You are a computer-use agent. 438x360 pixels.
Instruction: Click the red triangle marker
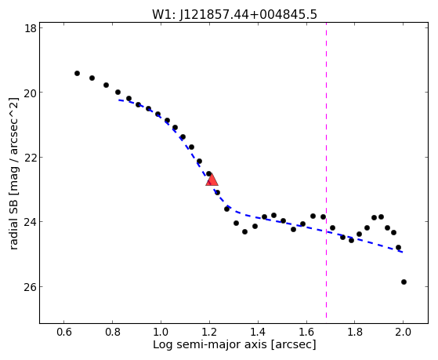tap(212, 180)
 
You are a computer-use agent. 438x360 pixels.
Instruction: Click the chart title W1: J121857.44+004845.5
tap(234, 15)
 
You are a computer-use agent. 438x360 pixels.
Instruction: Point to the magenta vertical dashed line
tap(326, 170)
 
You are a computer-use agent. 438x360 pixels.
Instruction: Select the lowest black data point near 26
tap(404, 282)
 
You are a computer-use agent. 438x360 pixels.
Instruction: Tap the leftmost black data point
tap(77, 73)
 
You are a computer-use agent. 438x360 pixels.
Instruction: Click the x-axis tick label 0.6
tap(64, 332)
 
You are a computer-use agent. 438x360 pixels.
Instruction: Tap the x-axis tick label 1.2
tap(209, 332)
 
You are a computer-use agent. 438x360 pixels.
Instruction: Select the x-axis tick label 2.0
tap(403, 332)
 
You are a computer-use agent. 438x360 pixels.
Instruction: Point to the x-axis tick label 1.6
tap(306, 332)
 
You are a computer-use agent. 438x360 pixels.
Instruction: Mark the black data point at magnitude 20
tap(118, 92)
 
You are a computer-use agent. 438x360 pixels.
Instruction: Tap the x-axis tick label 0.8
tap(112, 332)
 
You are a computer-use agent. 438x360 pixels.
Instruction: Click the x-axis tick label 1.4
tap(258, 332)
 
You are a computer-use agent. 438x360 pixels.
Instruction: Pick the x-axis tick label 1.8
tap(354, 332)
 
